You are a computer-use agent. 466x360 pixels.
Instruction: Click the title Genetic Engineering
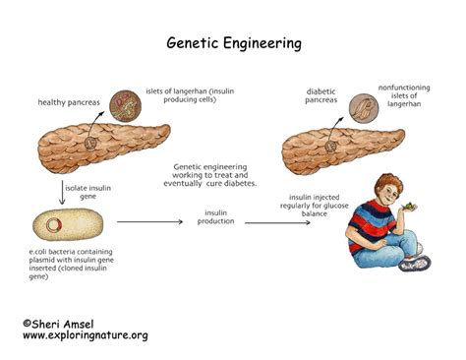tap(233, 43)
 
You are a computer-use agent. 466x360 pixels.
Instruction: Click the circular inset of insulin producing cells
tap(123, 103)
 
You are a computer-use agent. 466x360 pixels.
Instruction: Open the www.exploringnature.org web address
tap(85, 335)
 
